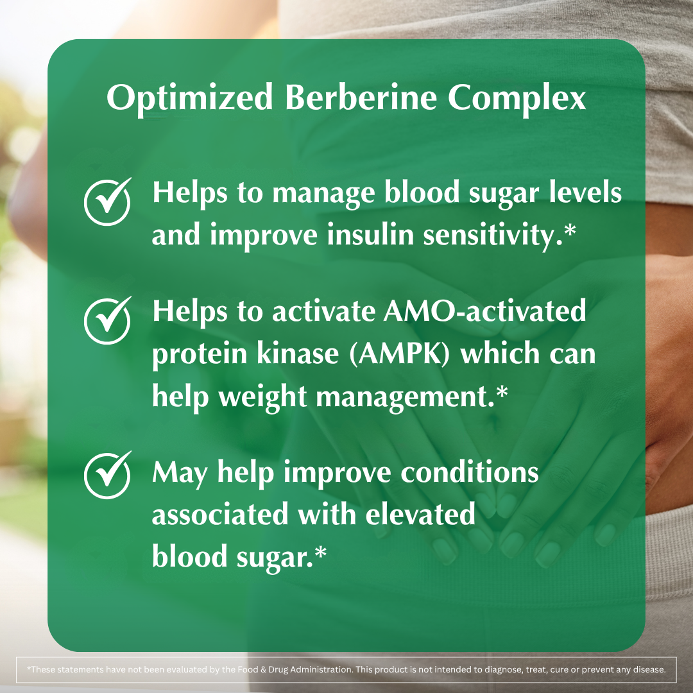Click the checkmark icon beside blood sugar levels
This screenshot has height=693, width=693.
click(108, 201)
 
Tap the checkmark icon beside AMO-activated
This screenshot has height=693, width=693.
click(108, 320)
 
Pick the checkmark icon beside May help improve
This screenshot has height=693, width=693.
click(108, 475)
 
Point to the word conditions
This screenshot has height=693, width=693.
click(470, 473)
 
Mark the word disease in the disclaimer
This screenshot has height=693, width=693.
click(647, 669)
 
